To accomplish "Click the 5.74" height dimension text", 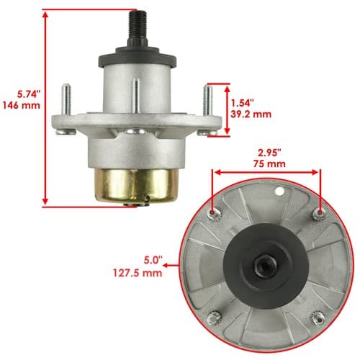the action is pos(27,94).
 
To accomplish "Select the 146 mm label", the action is pos(22,105).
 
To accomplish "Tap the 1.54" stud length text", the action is pos(242,103).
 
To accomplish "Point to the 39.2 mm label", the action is pos(251,114).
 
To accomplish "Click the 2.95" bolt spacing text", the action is pos(269,153).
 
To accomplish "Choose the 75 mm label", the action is pos(269,164).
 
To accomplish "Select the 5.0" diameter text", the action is pos(153,261).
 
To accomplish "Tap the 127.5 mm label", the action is pos(138,273).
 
